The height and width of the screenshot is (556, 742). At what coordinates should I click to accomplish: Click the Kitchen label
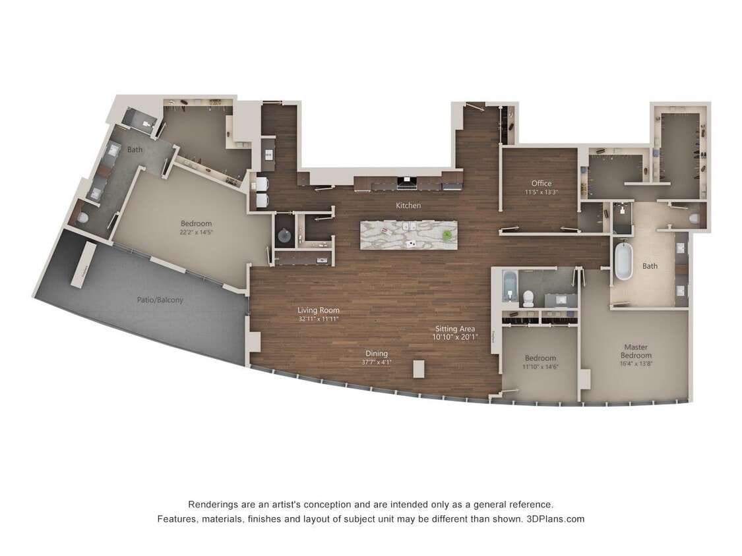(408, 206)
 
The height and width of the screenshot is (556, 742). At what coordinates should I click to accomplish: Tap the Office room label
(541, 183)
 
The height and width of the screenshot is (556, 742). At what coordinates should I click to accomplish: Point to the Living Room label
(318, 310)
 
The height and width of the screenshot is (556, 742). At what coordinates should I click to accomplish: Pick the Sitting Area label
(454, 329)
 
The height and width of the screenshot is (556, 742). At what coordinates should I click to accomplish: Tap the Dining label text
(377, 354)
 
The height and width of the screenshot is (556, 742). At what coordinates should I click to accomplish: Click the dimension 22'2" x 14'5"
(196, 232)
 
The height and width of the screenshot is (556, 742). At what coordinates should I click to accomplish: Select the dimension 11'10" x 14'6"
(540, 367)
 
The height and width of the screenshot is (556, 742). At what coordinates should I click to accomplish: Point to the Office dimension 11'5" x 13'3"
(541, 192)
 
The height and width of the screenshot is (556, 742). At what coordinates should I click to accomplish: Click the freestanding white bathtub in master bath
(623, 262)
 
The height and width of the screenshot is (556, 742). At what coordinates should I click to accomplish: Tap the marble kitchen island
(409, 235)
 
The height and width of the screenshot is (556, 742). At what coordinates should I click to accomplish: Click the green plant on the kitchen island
(448, 235)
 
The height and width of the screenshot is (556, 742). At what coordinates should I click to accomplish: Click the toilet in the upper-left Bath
(83, 217)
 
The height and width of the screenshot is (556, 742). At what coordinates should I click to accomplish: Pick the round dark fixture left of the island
(284, 235)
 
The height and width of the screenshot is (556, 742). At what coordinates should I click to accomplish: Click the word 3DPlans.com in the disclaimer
(555, 518)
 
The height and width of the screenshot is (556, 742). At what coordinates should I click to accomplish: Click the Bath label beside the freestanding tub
(650, 266)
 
